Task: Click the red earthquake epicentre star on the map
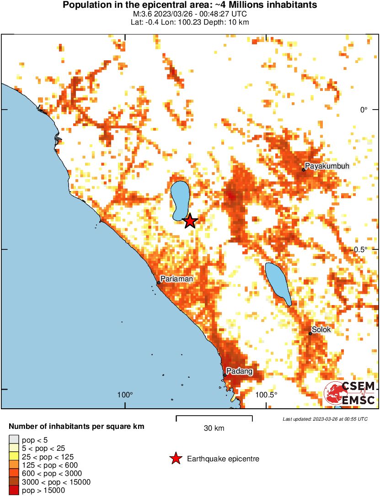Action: pyautogui.click(x=190, y=222)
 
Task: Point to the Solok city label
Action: pyautogui.click(x=321, y=329)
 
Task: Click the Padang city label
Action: pyautogui.click(x=240, y=371)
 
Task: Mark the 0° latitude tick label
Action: pyautogui.click(x=364, y=110)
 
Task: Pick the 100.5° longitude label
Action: pyautogui.click(x=266, y=395)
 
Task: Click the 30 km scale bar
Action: pyautogui.click(x=214, y=417)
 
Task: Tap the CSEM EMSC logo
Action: pyautogui.click(x=350, y=394)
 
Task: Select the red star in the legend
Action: pyautogui.click(x=175, y=459)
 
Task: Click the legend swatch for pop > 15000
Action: pyautogui.click(x=14, y=490)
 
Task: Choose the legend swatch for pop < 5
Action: pyautogui.click(x=14, y=439)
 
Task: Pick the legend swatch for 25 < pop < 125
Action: pyautogui.click(x=14, y=456)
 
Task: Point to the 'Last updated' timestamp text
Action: pyautogui.click(x=325, y=419)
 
